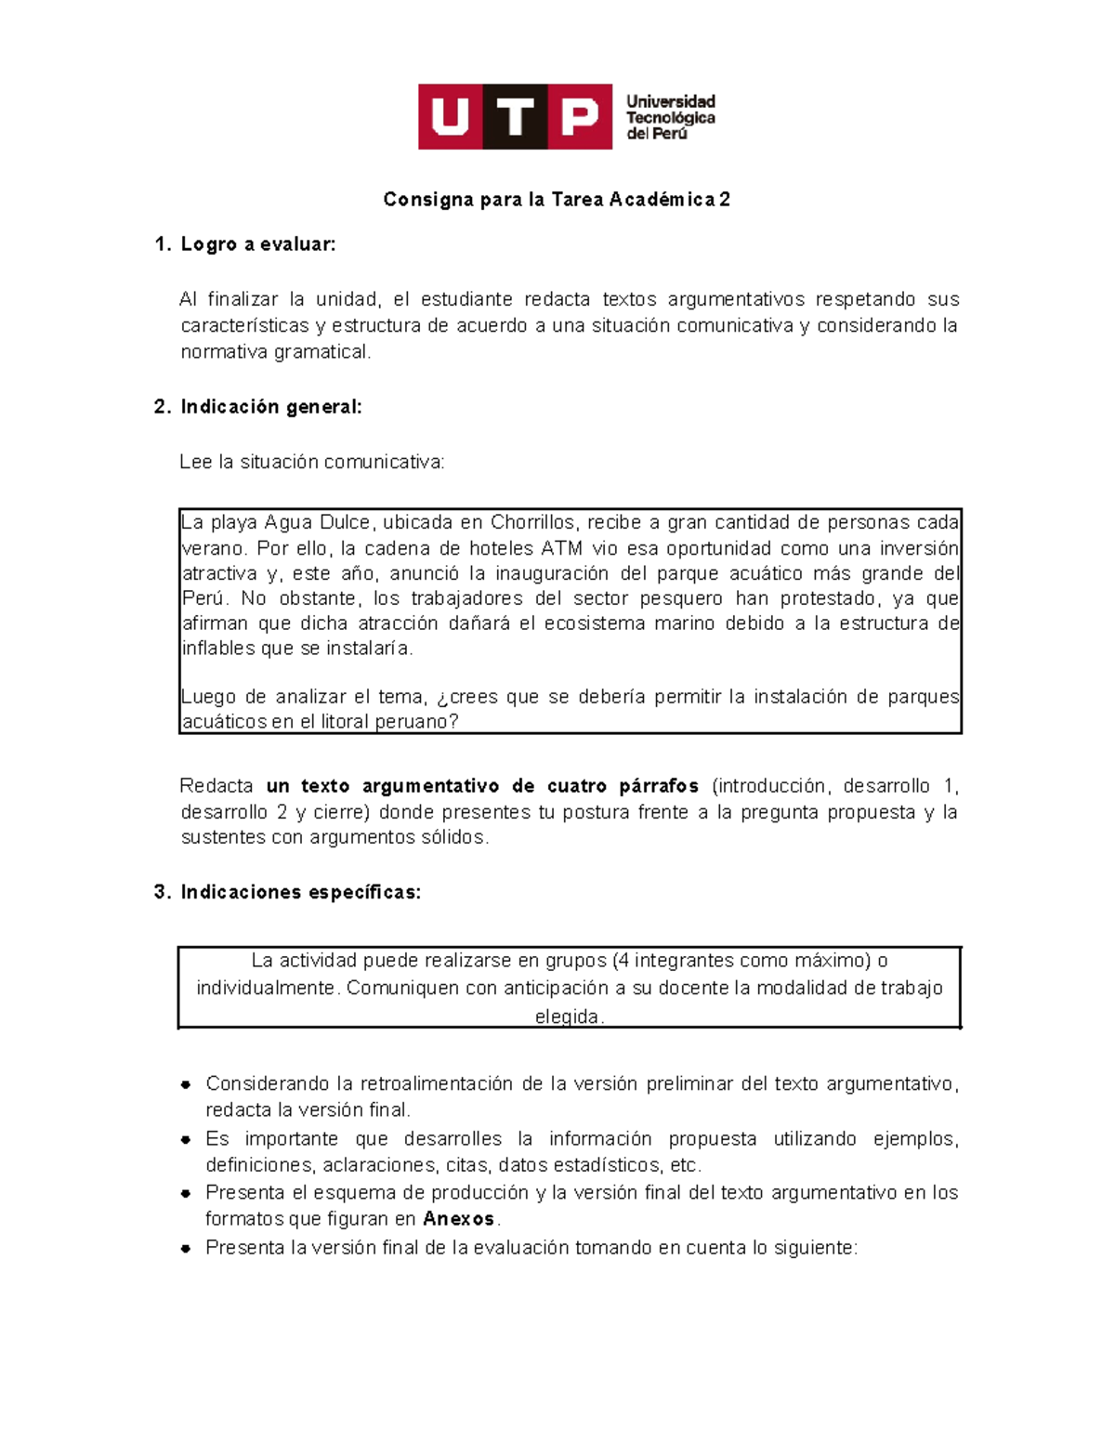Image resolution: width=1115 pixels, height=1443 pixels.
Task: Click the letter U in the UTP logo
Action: click(451, 117)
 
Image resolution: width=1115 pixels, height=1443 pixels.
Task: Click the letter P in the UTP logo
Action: click(580, 117)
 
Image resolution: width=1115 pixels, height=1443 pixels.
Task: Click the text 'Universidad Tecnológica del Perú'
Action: click(670, 117)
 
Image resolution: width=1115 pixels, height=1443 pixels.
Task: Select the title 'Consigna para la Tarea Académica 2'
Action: click(557, 200)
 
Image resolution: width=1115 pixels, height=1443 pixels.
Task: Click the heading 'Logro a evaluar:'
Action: click(257, 244)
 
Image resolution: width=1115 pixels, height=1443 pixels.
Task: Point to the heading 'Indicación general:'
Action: click(270, 407)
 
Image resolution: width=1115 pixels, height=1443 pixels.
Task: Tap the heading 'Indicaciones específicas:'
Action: click(300, 893)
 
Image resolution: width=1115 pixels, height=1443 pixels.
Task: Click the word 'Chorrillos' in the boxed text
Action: click(533, 522)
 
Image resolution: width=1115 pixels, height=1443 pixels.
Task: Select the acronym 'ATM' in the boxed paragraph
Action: click(561, 548)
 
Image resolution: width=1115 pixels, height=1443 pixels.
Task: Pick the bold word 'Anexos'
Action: click(458, 1219)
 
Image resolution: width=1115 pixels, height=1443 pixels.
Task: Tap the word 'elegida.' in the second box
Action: click(570, 1017)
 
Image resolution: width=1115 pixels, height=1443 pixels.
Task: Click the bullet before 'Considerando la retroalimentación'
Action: click(186, 1084)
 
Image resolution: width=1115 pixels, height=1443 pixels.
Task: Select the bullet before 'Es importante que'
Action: click(186, 1139)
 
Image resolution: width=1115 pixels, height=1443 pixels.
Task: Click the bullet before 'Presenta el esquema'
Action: click(186, 1193)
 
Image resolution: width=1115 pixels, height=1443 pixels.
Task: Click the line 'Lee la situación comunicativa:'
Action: click(312, 463)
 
